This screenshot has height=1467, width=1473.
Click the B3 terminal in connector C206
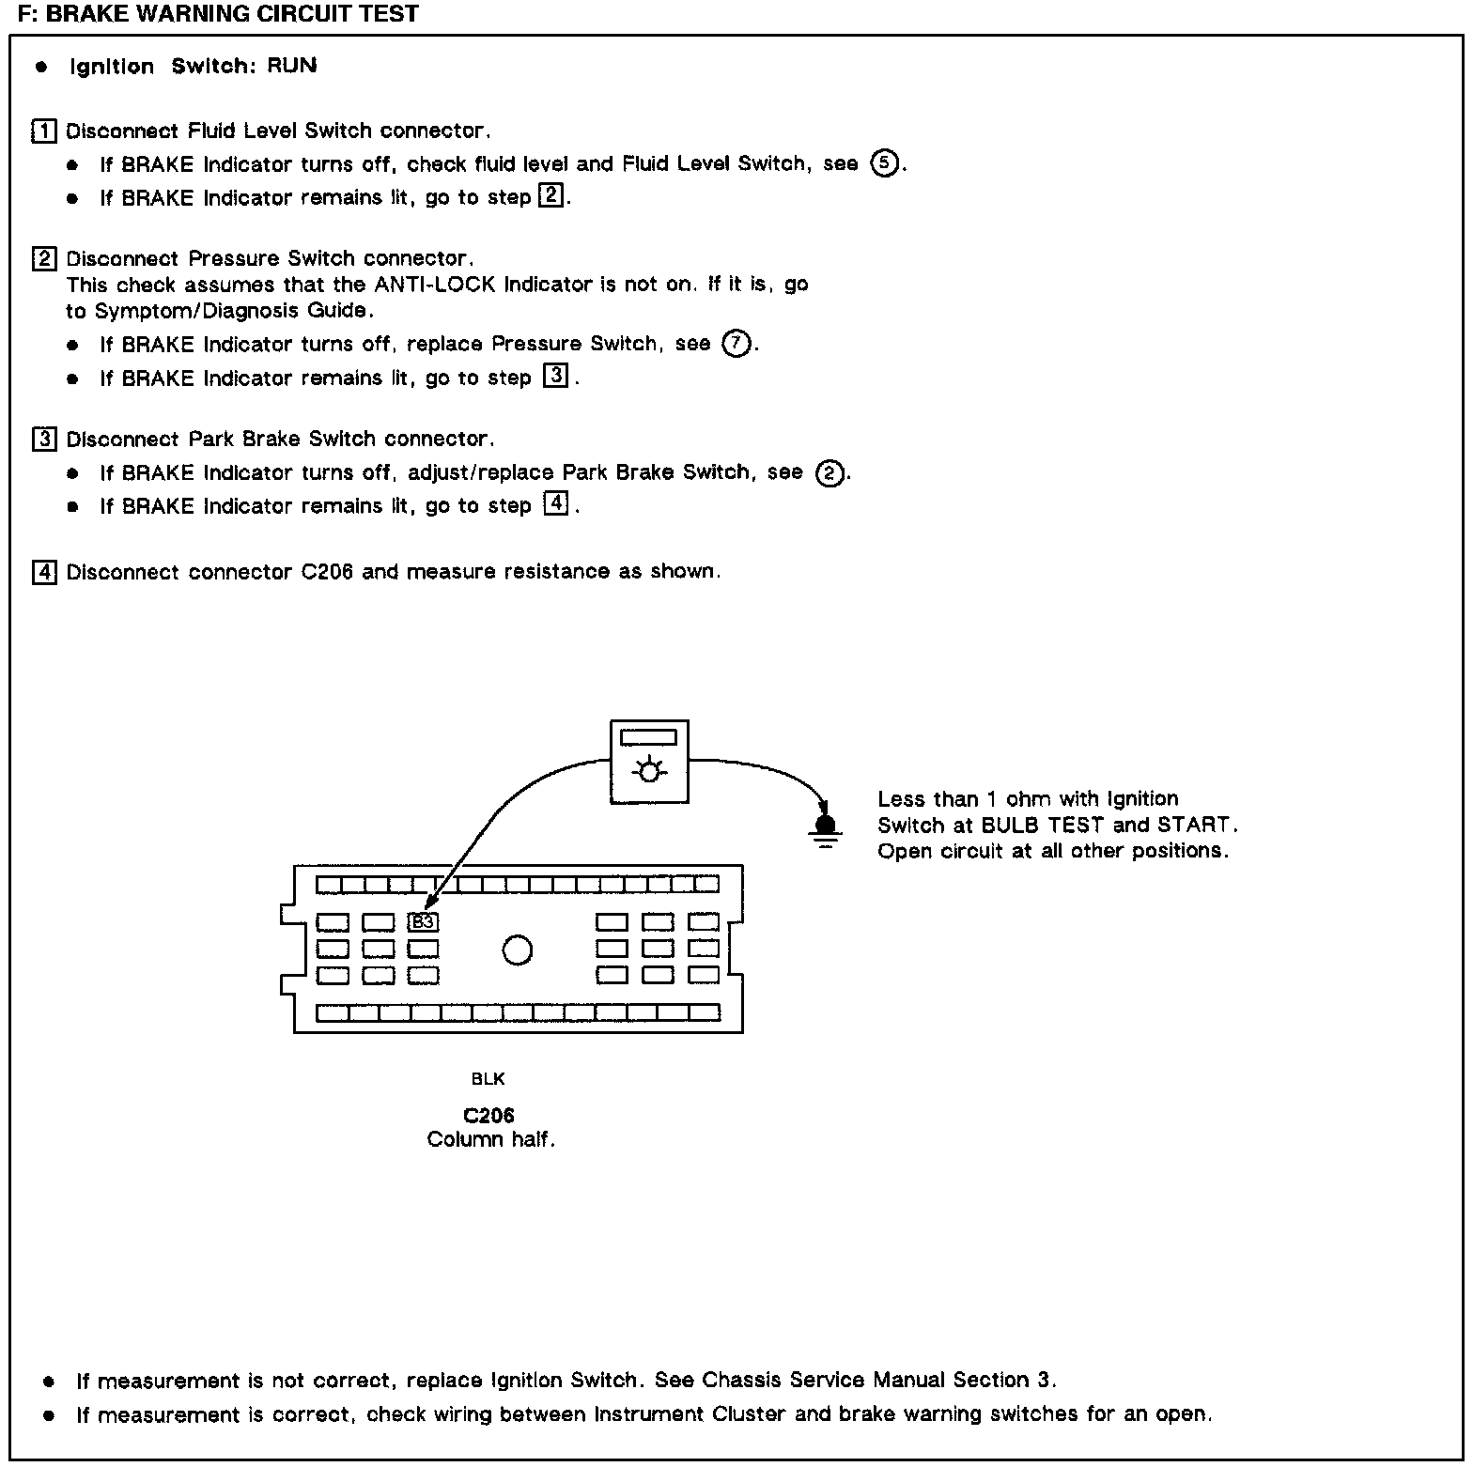424,922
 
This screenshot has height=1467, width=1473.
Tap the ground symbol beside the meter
826,827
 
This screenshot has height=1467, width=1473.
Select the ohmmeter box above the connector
649,762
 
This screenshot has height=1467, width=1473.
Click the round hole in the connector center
518,950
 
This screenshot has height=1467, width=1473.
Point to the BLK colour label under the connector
488,1079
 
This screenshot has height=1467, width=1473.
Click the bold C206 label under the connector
488,1116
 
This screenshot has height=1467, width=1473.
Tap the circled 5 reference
884,164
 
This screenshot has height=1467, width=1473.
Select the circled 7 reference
736,345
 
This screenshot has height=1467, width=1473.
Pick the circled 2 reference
829,473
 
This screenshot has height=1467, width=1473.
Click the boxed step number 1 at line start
44,131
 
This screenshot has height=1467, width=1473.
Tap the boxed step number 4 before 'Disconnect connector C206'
44,572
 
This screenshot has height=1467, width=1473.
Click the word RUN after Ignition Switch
292,66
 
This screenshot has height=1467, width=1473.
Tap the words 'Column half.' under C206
490,1140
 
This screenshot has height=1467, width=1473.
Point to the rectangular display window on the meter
649,737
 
